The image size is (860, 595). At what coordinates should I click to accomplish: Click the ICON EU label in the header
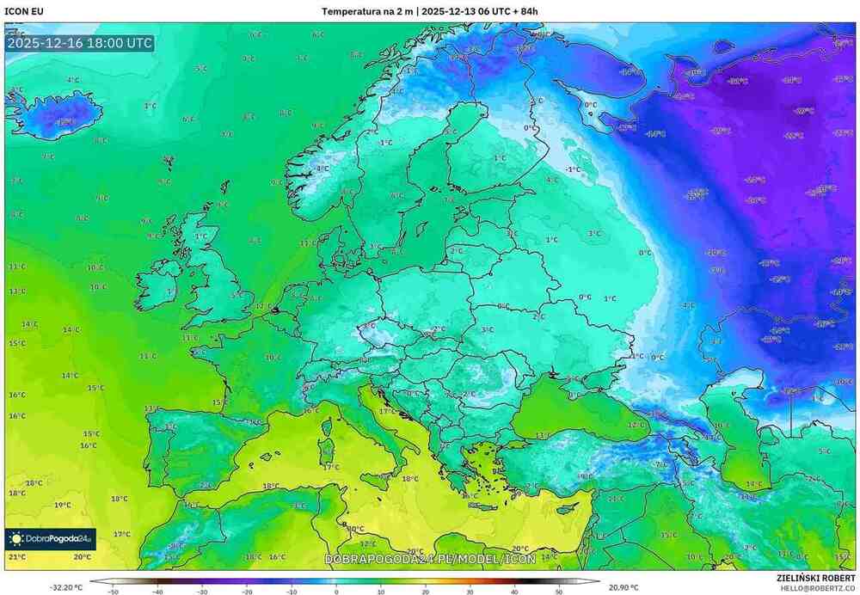point(23,11)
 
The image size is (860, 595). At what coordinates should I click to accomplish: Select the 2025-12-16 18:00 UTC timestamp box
point(79,43)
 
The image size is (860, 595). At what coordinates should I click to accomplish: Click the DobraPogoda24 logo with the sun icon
point(50,539)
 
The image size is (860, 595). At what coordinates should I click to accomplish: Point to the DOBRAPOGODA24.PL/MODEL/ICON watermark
point(430,559)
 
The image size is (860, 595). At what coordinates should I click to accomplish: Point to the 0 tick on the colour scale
point(335,592)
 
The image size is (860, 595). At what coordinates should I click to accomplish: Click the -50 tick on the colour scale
point(113,592)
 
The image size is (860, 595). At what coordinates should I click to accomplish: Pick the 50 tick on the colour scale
point(559,592)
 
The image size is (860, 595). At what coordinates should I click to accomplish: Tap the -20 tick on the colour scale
point(247,592)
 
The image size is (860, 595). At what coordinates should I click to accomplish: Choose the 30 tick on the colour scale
point(470,592)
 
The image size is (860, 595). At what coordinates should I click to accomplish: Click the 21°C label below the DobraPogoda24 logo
point(17,557)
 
